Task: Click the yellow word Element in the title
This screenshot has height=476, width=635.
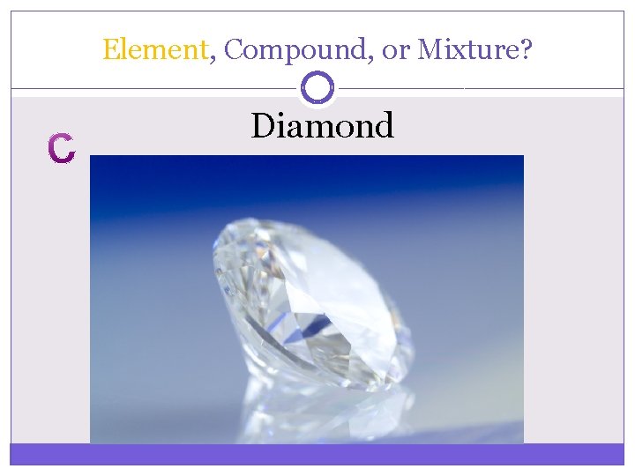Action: pyautogui.click(x=154, y=49)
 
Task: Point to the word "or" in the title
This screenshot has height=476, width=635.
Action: pyautogui.click(x=397, y=50)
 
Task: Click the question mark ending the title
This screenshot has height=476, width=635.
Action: pyautogui.click(x=527, y=49)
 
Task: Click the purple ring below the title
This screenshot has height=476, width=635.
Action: pyautogui.click(x=317, y=87)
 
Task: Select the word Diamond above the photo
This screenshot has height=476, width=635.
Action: pyautogui.click(x=322, y=126)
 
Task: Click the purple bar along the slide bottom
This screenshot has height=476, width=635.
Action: pyautogui.click(x=317, y=454)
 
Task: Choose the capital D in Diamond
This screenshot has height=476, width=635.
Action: pyautogui.click(x=262, y=126)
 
